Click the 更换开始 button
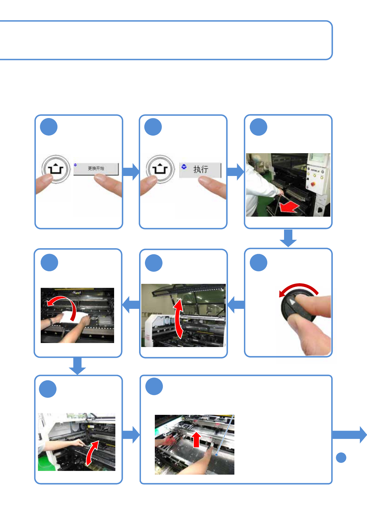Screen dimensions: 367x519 96,169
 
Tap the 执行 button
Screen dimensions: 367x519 200,170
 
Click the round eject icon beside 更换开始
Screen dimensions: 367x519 56,169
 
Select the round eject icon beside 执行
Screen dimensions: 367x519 160,169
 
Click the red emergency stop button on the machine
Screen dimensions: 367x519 313,184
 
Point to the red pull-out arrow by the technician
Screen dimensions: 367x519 289,207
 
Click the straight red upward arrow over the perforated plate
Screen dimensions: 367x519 196,439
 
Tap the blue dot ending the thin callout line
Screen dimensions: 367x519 216,455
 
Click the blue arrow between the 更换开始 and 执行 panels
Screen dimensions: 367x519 131,172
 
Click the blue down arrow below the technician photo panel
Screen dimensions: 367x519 288,238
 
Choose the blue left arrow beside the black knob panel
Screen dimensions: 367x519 236,304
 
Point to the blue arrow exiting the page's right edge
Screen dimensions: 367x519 349,435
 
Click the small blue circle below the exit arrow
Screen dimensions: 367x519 341,457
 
